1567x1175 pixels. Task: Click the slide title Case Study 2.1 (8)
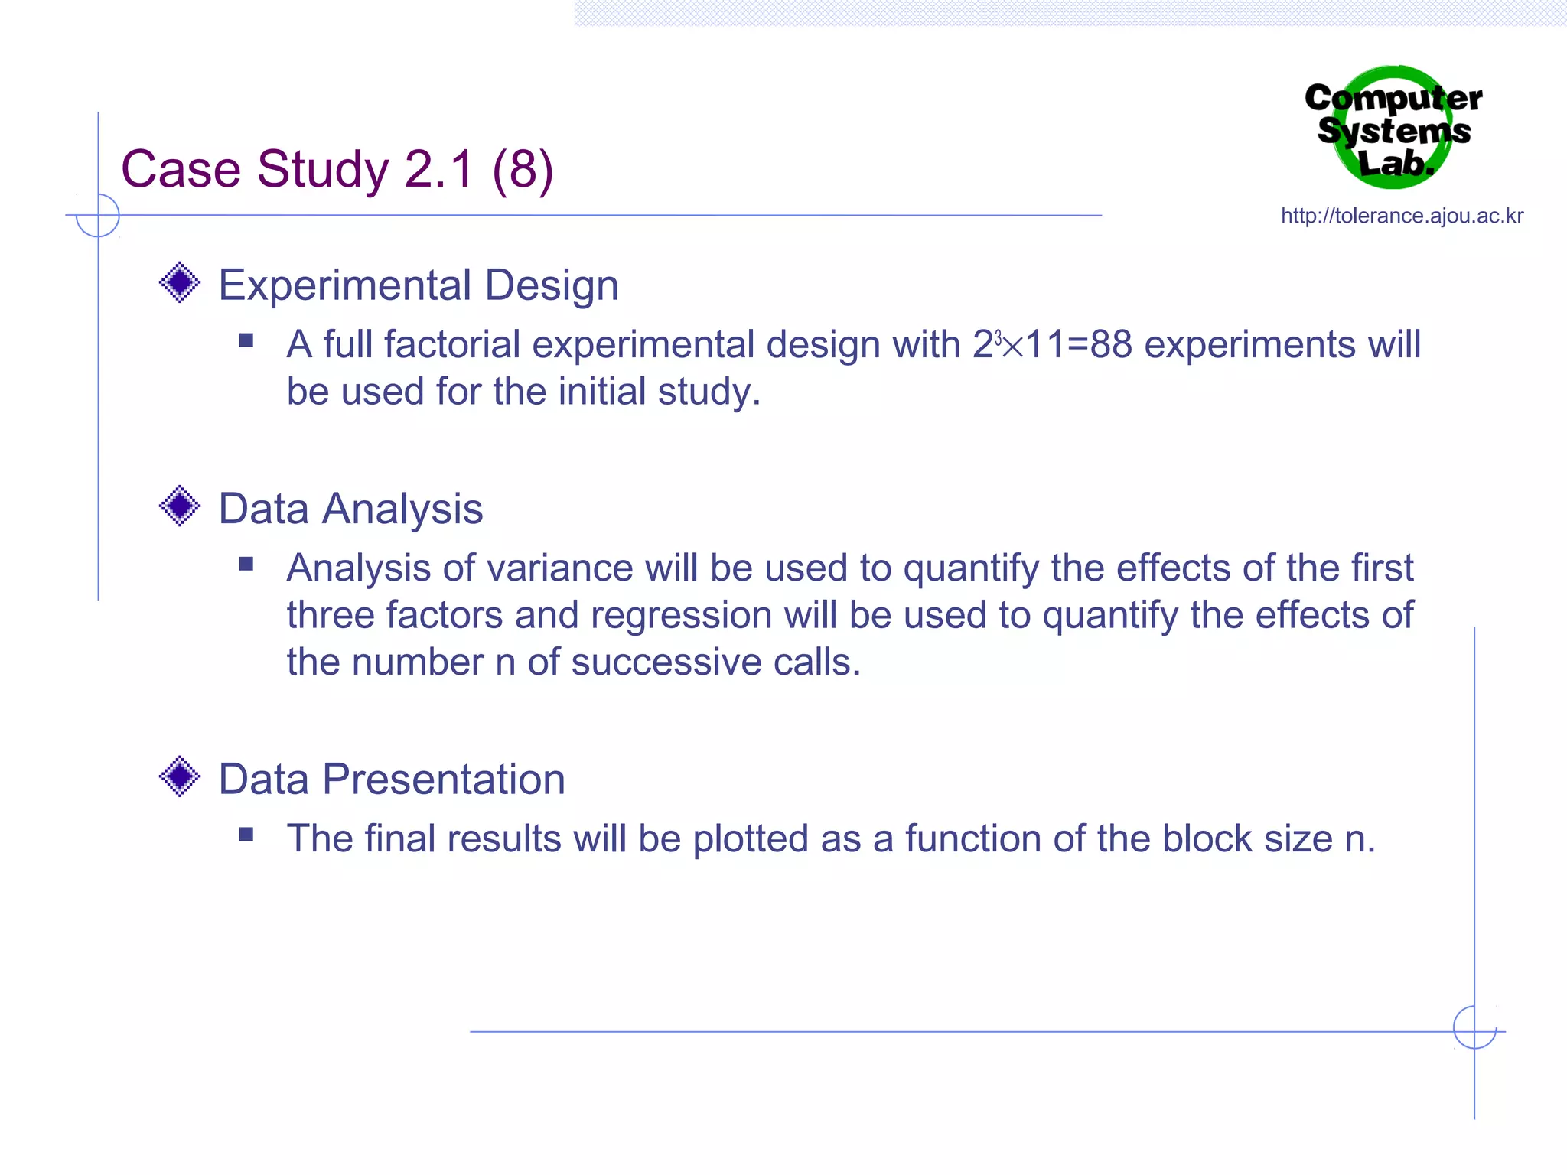[x=337, y=169]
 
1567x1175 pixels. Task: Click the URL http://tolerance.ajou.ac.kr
[x=1402, y=216]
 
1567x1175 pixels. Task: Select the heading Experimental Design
[x=419, y=285]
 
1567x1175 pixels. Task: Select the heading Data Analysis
[x=350, y=509]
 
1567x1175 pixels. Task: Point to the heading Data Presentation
[x=392, y=780]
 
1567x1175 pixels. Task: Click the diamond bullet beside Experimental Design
[x=180, y=283]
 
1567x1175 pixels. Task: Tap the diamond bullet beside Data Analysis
[x=180, y=506]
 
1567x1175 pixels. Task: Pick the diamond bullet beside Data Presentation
[x=180, y=777]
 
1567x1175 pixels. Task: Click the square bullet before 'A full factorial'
[x=246, y=340]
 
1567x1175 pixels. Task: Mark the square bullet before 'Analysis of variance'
[x=246, y=565]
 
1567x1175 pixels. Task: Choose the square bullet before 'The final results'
[x=246, y=835]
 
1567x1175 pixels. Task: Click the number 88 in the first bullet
[x=1111, y=345]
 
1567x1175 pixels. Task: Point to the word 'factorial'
[x=452, y=345]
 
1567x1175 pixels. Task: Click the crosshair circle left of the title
[x=98, y=216]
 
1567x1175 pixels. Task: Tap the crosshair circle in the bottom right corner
[x=1474, y=1027]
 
